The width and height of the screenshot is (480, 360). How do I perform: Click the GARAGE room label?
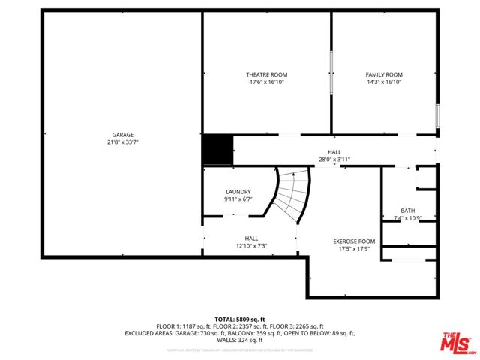click(123, 135)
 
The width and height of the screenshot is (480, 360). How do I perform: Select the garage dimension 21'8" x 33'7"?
click(123, 142)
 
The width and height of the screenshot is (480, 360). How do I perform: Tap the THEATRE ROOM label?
click(266, 74)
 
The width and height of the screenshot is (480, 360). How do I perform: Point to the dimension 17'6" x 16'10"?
click(266, 82)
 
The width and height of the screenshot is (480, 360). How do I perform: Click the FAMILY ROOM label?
click(384, 74)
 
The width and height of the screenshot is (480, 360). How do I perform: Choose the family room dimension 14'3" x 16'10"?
click(384, 82)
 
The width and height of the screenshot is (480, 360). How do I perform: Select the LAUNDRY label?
click(238, 192)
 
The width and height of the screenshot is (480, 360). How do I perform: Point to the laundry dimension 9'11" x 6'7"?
click(238, 199)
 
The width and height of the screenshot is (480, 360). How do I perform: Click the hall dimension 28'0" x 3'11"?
click(334, 159)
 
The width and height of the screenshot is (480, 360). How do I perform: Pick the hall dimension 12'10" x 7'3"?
click(251, 245)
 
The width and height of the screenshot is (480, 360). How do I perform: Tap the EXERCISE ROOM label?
click(354, 241)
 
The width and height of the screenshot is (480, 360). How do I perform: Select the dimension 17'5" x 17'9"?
click(354, 249)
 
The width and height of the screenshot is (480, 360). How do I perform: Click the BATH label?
click(407, 211)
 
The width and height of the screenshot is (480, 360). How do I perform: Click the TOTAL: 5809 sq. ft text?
click(239, 319)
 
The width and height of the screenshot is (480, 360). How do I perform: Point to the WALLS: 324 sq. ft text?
click(239, 340)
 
